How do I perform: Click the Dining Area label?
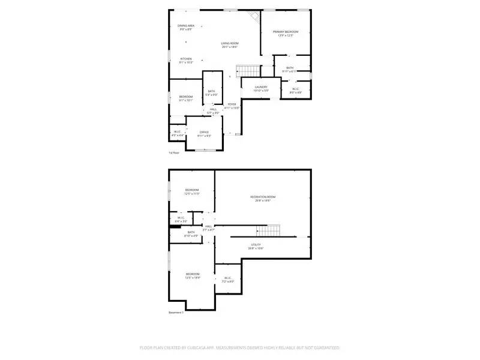point(185,28)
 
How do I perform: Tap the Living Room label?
point(230,45)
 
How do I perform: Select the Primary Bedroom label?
point(286,34)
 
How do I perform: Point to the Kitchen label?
point(186,61)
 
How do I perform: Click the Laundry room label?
point(260,89)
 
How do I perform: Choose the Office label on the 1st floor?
point(204,134)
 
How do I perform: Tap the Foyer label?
point(232,106)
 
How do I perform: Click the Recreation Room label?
point(263,199)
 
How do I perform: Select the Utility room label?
point(256,246)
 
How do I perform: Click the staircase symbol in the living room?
point(247,70)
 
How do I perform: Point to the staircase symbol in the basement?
point(268,230)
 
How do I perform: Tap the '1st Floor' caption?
point(174,153)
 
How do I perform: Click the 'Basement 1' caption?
point(176,312)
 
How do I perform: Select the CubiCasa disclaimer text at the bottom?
point(240,347)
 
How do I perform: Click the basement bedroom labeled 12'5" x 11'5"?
point(192,191)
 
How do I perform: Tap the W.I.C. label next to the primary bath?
point(295,91)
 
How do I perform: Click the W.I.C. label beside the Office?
point(178,133)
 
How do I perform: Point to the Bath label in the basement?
point(191,234)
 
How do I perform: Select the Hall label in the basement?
point(208,228)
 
